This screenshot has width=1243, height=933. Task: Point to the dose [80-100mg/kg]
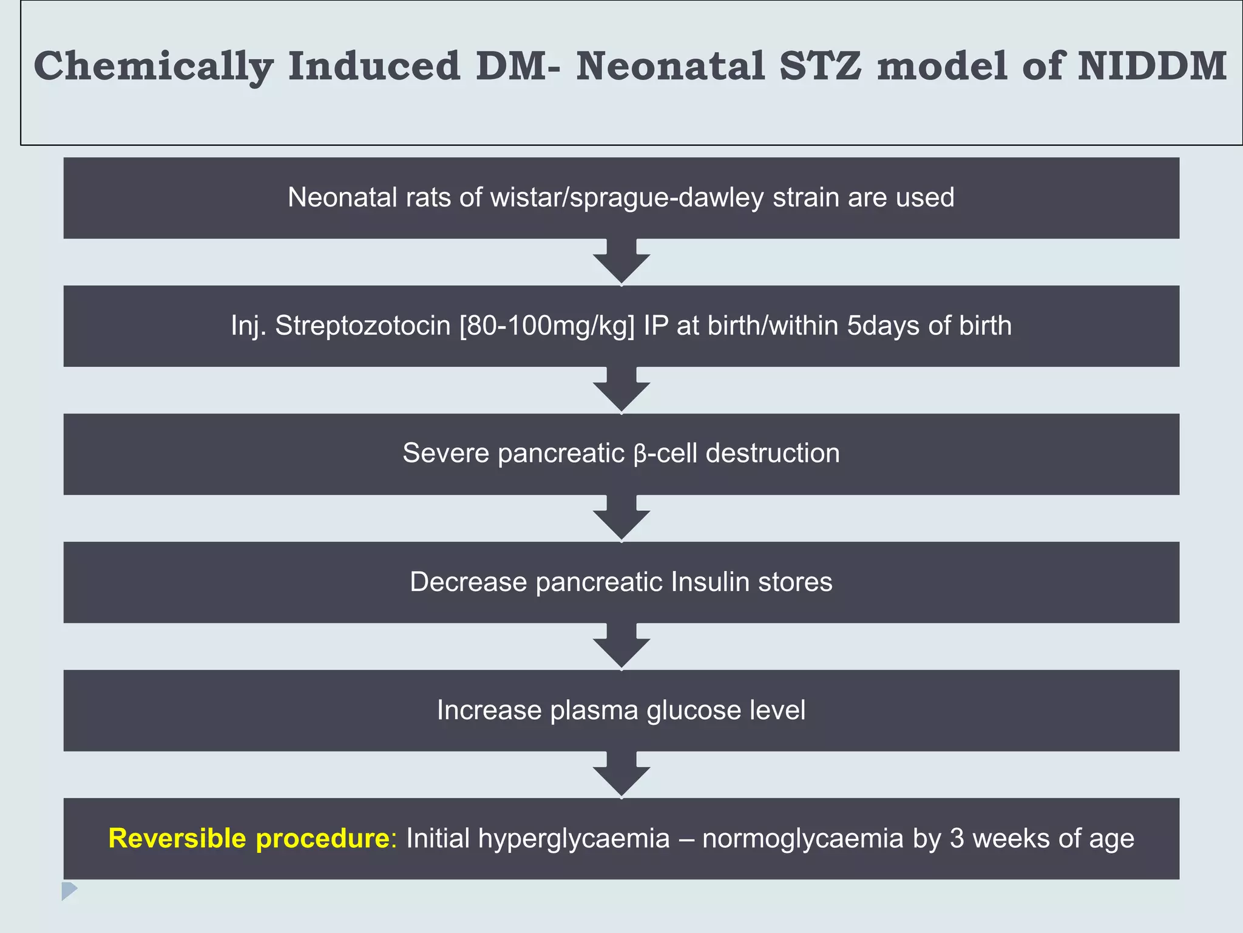547,326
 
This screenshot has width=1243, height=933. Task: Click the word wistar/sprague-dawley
627,197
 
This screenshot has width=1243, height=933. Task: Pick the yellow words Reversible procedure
249,838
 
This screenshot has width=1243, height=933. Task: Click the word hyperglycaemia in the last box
538,838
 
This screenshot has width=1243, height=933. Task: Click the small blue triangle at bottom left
69,890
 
